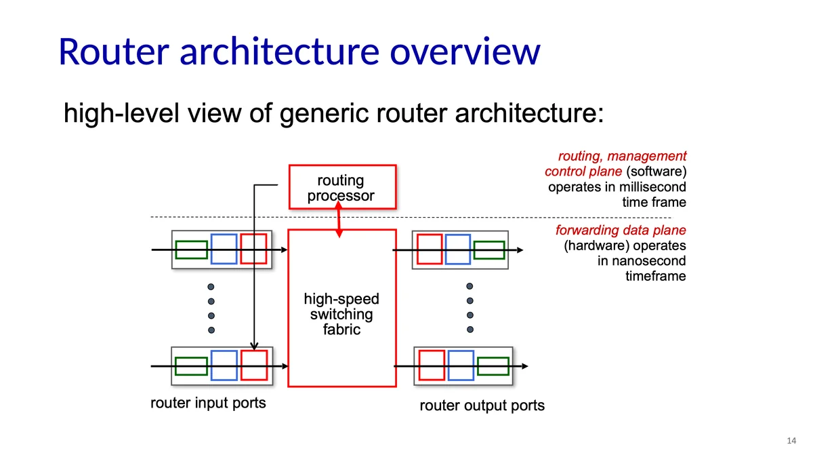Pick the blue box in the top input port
224,249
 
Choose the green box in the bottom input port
191,366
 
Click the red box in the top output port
430,249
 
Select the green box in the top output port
489,250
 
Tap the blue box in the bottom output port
461,365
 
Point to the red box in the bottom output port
432,365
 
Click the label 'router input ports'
207,403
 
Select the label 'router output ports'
482,406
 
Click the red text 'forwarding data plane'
621,231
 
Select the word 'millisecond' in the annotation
651,187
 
